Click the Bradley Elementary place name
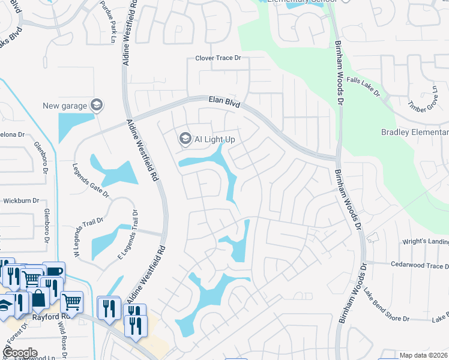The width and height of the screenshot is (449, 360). [415, 132]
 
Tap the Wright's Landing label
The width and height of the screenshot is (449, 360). [424, 241]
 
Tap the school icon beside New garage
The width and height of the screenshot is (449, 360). [96, 106]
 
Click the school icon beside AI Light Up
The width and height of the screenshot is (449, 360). [185, 139]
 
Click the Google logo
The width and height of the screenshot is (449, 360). [19, 352]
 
